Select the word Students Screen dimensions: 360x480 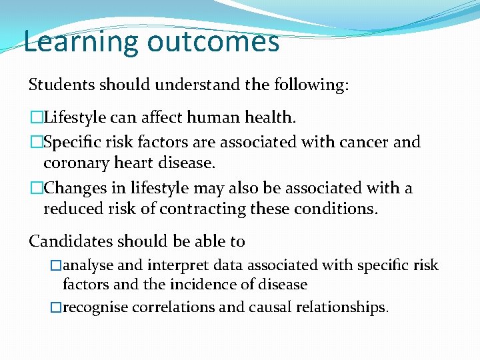click(x=62, y=85)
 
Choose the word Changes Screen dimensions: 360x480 click(x=72, y=189)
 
